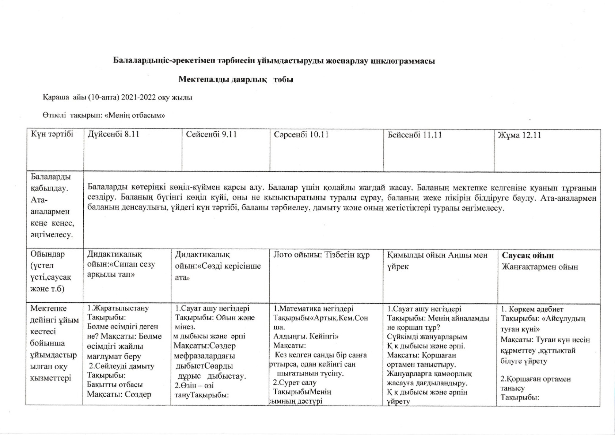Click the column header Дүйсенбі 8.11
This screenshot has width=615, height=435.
[x=113, y=134]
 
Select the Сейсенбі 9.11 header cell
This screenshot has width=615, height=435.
[x=211, y=134]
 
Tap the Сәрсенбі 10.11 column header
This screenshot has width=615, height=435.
[x=301, y=135]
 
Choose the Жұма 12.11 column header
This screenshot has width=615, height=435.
[x=519, y=135]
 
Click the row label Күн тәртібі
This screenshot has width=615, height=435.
[x=52, y=134]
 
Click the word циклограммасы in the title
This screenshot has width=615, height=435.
[x=403, y=61]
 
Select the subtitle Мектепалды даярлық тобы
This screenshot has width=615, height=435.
[x=236, y=79]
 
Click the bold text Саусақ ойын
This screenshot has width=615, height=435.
[x=528, y=256]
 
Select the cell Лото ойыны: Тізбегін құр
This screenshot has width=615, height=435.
[x=322, y=255]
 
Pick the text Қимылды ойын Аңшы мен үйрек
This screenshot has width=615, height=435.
[x=437, y=260]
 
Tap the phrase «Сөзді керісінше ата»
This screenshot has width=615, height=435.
[x=218, y=271]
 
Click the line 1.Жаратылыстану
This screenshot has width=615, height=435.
[x=118, y=308]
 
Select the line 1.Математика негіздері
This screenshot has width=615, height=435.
[x=313, y=309]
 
